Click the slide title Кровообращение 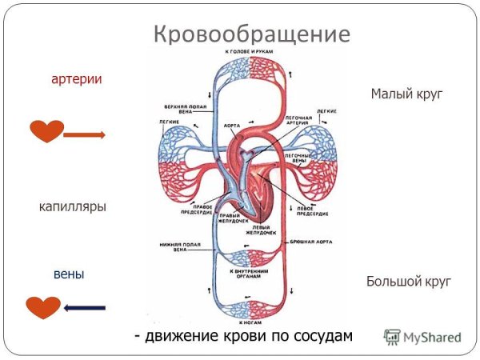[251, 34]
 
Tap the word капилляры [73, 206]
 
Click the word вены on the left [69, 274]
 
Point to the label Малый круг [406, 94]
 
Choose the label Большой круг [409, 282]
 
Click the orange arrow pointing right [84, 135]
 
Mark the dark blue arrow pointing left [84, 307]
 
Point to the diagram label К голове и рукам [247, 51]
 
